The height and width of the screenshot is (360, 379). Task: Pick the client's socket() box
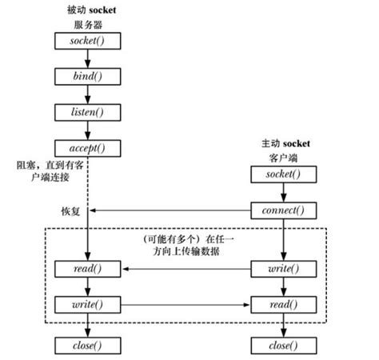point(283,174)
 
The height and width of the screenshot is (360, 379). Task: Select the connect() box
point(283,211)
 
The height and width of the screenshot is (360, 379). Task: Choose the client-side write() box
point(283,268)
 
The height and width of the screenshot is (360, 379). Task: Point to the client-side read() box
point(283,305)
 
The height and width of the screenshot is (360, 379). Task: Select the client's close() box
point(283,345)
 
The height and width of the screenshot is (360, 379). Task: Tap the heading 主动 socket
point(283,143)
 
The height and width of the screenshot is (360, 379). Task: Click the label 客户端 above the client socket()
point(283,158)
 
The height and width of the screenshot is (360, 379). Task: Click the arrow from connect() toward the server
point(168,211)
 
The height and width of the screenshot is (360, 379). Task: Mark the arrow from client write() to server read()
point(184,268)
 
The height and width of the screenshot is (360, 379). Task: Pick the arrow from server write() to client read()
point(184,305)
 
